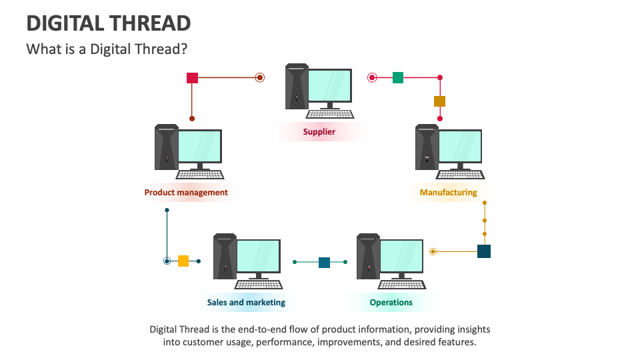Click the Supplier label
click(319, 132)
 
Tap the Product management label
click(186, 193)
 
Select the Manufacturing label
click(449, 193)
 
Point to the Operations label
click(391, 303)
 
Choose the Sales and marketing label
click(246, 303)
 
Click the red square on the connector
click(192, 78)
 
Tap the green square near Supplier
click(398, 78)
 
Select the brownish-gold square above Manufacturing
click(439, 101)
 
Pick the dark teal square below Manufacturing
click(484, 251)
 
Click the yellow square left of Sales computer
click(183, 261)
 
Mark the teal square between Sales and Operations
click(324, 262)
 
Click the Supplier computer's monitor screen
click(329, 85)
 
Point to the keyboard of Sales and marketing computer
click(258, 284)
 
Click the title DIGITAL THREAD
click(109, 24)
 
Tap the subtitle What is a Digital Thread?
click(106, 49)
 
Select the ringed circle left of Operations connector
click(433, 251)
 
